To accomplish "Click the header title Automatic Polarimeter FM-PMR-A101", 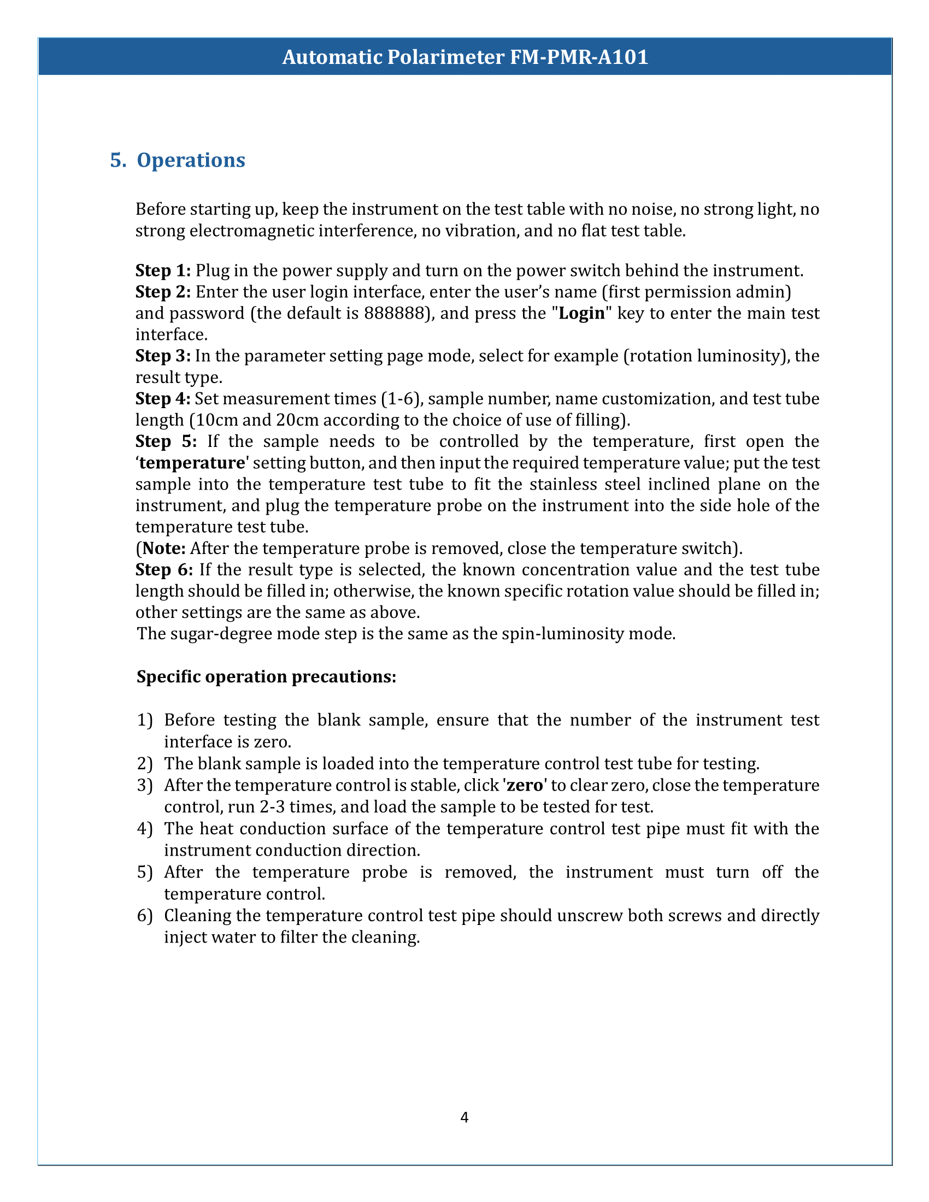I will [465, 57].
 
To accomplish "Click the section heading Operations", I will [190, 160].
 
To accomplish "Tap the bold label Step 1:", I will [163, 270].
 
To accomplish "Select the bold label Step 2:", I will [163, 292].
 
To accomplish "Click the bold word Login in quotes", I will [582, 313].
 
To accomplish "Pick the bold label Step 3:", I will [163, 356].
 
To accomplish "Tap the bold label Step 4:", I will [163, 398].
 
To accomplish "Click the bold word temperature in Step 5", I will [191, 463].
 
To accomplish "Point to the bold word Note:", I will [163, 549].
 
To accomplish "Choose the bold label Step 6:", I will [164, 570].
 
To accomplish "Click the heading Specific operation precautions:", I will [266, 677].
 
